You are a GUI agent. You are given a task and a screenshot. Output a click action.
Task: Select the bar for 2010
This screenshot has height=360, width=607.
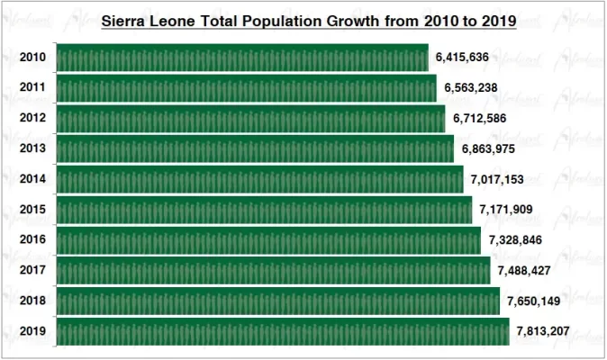[242, 58]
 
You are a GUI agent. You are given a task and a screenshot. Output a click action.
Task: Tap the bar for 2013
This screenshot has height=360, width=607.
[255, 148]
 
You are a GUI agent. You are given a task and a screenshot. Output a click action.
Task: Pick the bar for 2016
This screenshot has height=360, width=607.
[268, 240]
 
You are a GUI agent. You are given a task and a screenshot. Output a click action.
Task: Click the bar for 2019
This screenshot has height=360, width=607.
[283, 331]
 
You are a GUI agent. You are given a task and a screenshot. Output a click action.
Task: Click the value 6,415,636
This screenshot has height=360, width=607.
[461, 58]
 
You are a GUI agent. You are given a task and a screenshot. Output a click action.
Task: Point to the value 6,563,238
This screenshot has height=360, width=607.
[470, 88]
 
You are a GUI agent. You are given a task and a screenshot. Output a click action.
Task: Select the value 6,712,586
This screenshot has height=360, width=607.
[479, 119]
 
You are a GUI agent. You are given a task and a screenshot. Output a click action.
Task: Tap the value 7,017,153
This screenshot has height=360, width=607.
[497, 179]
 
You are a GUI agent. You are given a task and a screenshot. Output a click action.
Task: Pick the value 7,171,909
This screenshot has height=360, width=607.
[506, 210]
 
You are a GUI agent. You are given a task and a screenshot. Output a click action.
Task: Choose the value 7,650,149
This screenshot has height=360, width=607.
[534, 301]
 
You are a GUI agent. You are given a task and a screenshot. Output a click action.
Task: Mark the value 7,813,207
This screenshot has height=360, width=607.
[543, 331]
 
